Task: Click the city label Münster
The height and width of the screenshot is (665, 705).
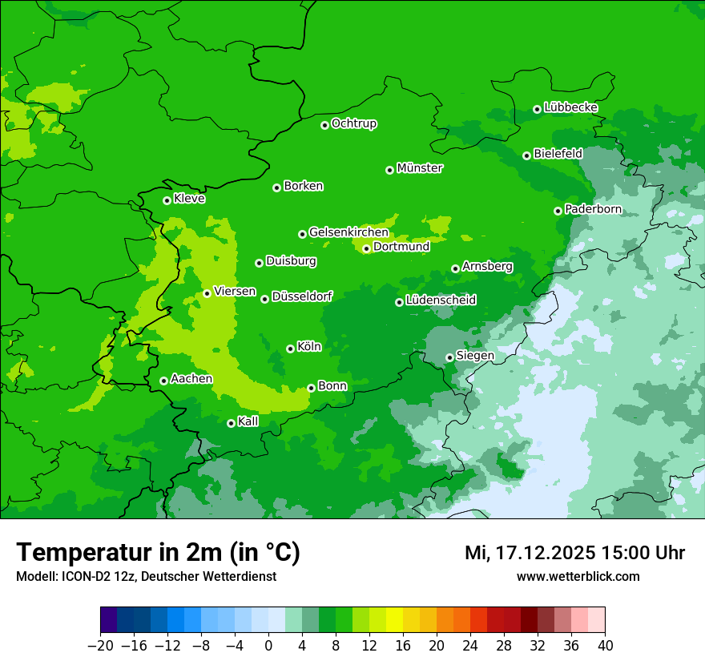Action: coord(420,168)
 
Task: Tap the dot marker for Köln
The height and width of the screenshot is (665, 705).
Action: coord(290,349)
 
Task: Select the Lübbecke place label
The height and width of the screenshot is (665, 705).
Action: coord(570,107)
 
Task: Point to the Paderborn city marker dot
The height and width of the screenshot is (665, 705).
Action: coord(558,211)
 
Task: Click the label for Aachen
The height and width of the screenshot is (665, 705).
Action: coord(191,379)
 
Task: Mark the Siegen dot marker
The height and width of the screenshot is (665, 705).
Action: coord(449,357)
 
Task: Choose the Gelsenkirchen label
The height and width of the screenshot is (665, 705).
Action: coord(348,232)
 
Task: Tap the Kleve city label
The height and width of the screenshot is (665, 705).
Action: coord(189,199)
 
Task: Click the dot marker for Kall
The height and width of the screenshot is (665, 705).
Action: coord(231,423)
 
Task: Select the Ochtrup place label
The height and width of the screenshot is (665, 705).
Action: coord(354,123)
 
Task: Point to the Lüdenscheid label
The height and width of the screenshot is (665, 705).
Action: coord(441,300)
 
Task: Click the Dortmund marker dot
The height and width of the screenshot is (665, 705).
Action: coord(366,248)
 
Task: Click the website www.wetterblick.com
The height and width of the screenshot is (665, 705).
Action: coord(578,576)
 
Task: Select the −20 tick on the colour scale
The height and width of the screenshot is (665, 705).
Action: coord(100,646)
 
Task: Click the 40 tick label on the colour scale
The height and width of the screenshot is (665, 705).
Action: coord(605,646)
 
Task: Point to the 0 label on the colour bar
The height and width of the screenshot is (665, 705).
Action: coord(268,646)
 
